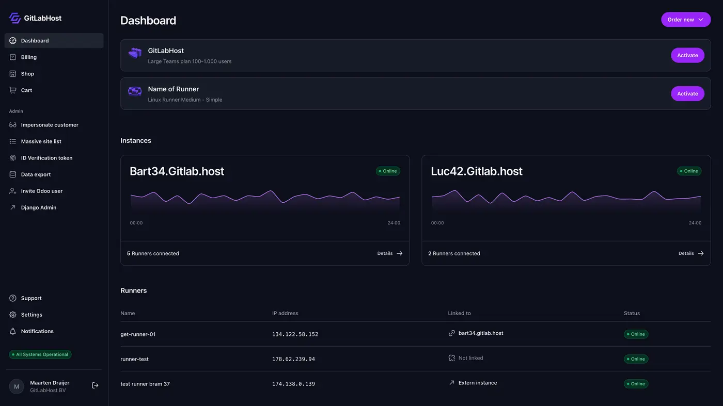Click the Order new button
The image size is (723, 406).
(686, 20)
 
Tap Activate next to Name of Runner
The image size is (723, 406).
(687, 93)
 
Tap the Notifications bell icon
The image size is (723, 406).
(12, 331)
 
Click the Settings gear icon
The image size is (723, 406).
(12, 315)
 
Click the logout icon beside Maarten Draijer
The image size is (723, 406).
(95, 385)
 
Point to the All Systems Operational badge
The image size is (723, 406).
(40, 354)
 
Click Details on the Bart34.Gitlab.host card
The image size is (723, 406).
(390, 253)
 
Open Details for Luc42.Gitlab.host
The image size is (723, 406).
(691, 253)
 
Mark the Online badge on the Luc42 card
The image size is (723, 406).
(689, 171)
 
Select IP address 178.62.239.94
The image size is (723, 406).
(293, 359)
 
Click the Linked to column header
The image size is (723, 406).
(459, 313)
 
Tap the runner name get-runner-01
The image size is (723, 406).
(138, 334)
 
